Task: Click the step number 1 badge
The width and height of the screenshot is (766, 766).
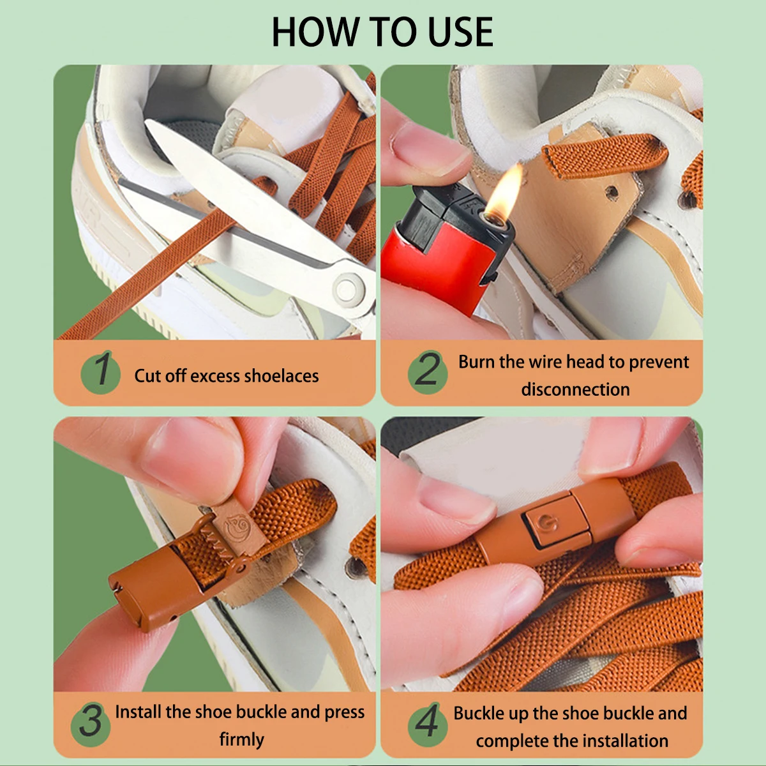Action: pyautogui.click(x=101, y=372)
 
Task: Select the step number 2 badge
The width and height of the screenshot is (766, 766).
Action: pyautogui.click(x=428, y=372)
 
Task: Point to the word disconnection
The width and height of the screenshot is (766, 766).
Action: pyautogui.click(x=575, y=389)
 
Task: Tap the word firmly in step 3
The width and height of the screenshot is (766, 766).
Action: pyautogui.click(x=242, y=740)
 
